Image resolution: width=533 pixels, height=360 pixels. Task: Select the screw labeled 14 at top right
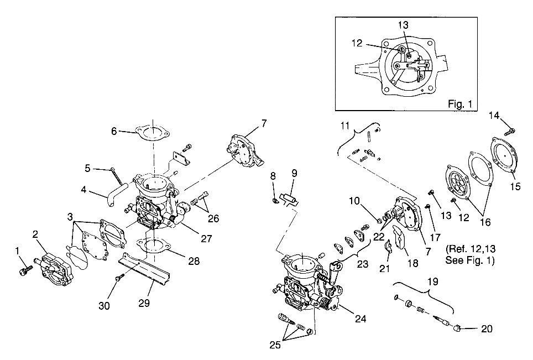(511, 131)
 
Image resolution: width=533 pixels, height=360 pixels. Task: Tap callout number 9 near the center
(294, 173)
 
